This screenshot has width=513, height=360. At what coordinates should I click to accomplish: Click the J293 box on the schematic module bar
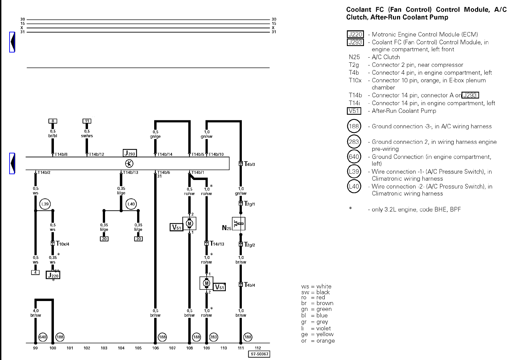pyautogui.click(x=130, y=153)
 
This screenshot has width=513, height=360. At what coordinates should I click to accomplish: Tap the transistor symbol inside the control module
pyautogui.click(x=129, y=164)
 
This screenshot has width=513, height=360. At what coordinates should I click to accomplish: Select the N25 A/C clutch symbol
pyautogui.click(x=239, y=224)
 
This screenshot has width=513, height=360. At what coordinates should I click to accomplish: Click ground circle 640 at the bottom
pyautogui.click(x=43, y=337)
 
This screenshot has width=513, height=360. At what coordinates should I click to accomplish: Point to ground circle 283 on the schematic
pyautogui.click(x=214, y=337)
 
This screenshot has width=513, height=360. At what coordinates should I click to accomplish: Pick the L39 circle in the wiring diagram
pyautogui.click(x=45, y=204)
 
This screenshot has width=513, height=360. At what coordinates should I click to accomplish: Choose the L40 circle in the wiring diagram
pyautogui.click(x=131, y=204)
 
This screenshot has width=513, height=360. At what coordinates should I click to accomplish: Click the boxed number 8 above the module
pyautogui.click(x=53, y=121)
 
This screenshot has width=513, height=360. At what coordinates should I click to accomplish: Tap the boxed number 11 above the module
pyautogui.click(x=87, y=121)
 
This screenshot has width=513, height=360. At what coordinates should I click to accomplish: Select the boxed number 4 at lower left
pyautogui.click(x=35, y=272)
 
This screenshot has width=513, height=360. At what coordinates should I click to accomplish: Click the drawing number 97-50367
pyautogui.click(x=260, y=354)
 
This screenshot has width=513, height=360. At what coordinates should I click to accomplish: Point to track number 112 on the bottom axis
pyautogui.click(x=258, y=348)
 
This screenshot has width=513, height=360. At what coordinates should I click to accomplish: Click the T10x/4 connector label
pyautogui.click(x=63, y=244)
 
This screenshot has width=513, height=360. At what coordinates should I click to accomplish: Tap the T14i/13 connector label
pyautogui.click(x=217, y=244)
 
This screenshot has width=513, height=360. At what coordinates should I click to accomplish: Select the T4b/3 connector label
pyautogui.click(x=249, y=164)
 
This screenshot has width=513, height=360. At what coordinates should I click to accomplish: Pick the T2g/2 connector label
pyautogui.click(x=249, y=245)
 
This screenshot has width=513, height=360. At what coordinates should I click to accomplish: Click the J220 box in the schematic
pyautogui.click(x=53, y=275)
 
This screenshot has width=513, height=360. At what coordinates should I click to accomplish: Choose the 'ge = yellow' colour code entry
pyautogui.click(x=317, y=334)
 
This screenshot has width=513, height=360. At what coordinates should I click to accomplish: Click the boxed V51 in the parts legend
pyautogui.click(x=354, y=111)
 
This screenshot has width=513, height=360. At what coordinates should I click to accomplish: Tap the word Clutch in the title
pyautogui.click(x=357, y=17)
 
